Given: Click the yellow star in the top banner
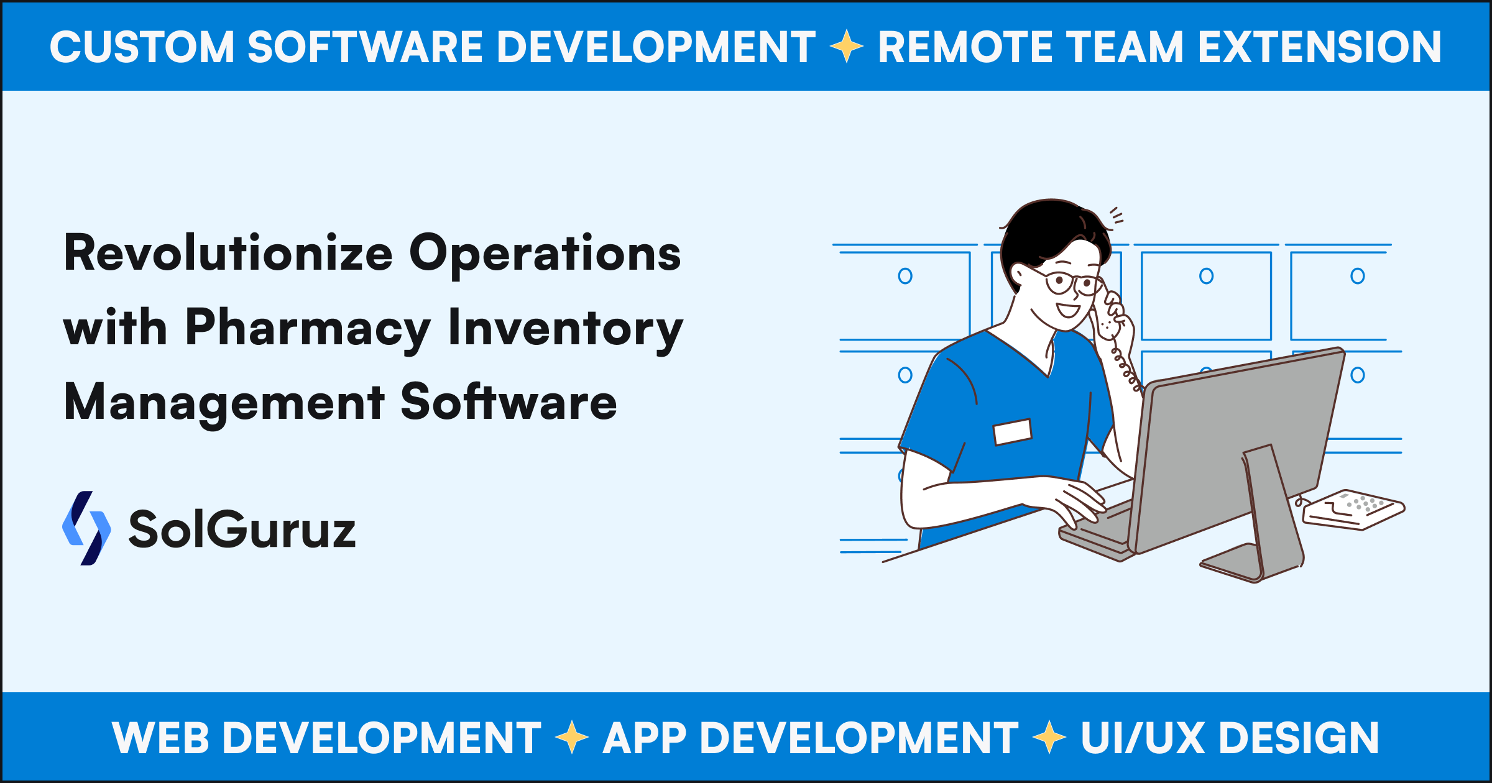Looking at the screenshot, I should click(846, 47).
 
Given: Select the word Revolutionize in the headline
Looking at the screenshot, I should click(228, 254).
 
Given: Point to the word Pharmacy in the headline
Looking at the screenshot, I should click(308, 328).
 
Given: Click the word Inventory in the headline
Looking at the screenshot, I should click(565, 328).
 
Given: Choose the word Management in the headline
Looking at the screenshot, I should click(224, 403).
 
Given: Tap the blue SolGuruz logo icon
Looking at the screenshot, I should click(86, 528).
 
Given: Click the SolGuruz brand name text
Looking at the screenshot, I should click(242, 529).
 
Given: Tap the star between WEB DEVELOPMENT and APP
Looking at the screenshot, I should click(572, 738).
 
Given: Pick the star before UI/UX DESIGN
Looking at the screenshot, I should click(1049, 738).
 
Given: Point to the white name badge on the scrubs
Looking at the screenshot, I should click(1013, 432).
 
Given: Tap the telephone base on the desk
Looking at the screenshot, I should click(1353, 510).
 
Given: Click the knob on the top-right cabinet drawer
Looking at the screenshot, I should click(1358, 276).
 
